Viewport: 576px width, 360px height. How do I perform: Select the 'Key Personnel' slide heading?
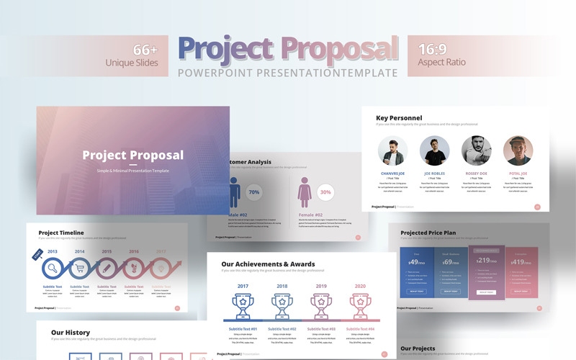(x=403, y=118)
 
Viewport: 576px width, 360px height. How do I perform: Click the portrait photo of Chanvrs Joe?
(x=392, y=151)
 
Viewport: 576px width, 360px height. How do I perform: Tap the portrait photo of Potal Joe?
(x=518, y=151)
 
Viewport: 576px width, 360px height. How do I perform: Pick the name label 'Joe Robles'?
(x=434, y=174)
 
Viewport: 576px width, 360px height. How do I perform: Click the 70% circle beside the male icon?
(x=253, y=193)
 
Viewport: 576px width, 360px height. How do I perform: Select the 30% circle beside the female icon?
(x=325, y=193)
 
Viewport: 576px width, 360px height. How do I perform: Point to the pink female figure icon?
(x=305, y=193)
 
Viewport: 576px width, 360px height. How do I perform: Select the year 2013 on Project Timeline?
(x=53, y=251)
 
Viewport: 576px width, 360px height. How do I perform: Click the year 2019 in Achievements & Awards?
(x=320, y=286)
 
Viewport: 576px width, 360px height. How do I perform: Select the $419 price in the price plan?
(x=521, y=263)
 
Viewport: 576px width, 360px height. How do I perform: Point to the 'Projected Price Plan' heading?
(x=428, y=233)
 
